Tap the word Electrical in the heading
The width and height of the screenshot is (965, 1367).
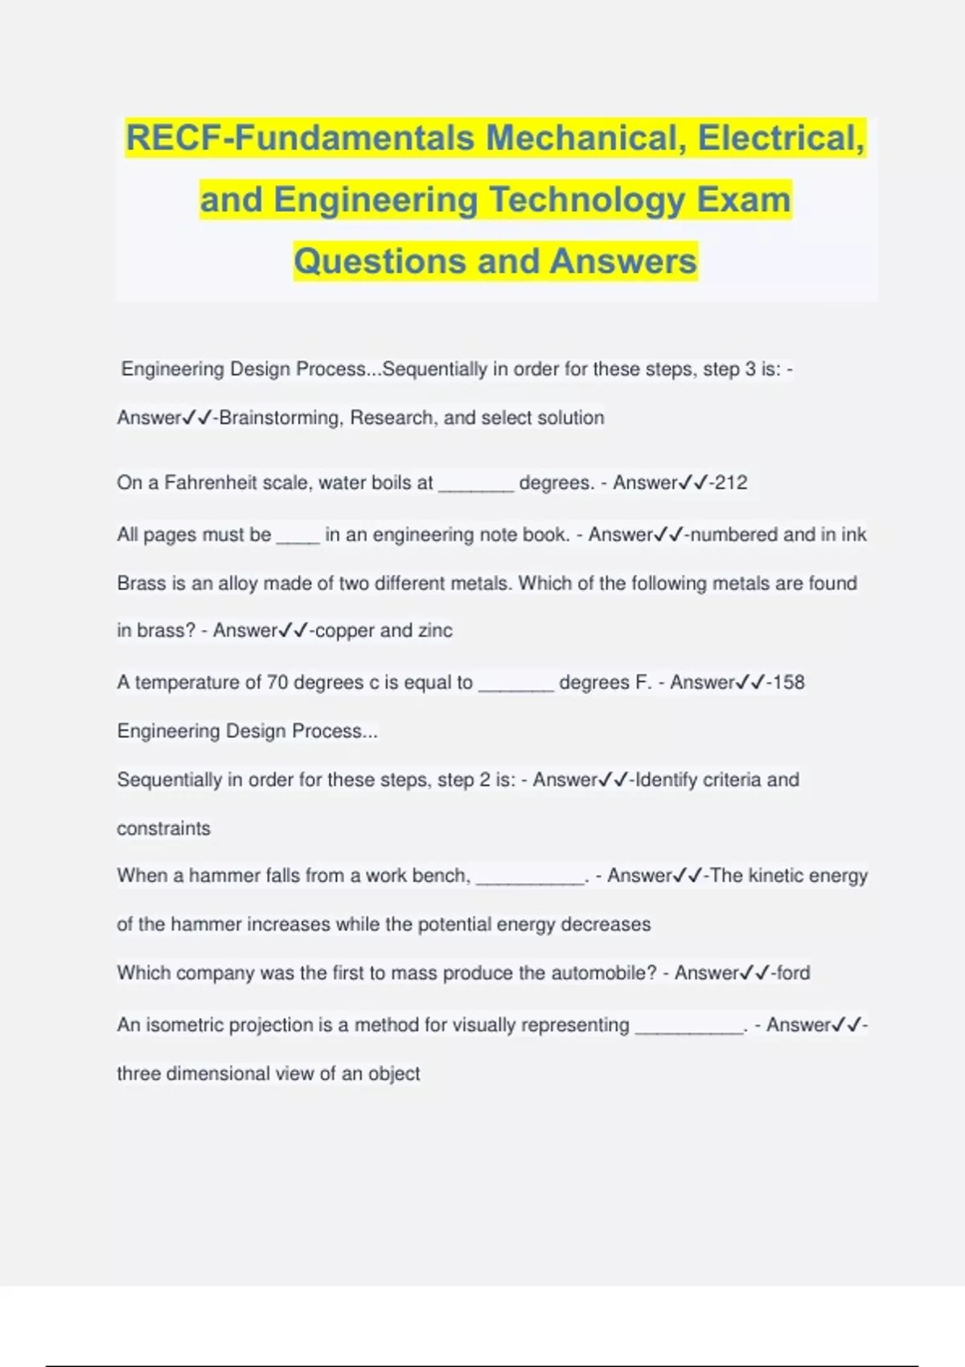tap(780, 138)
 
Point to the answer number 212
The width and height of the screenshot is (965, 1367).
tap(731, 482)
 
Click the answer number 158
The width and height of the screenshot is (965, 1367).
tap(788, 683)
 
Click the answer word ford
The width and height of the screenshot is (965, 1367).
tap(794, 973)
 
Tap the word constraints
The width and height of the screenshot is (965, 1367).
tap(163, 829)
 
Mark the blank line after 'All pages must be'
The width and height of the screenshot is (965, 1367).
tap(298, 540)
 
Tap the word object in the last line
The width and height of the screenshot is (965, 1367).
tap(394, 1074)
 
